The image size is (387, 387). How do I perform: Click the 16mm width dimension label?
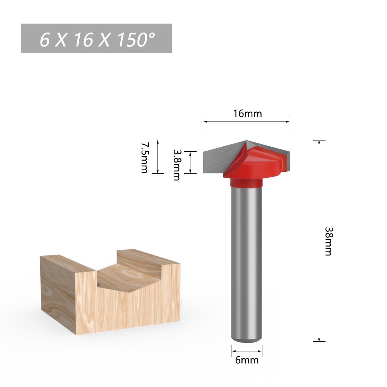tap(247, 113)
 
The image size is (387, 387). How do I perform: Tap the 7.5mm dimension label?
tap(144, 157)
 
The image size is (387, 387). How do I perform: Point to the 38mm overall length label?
tap(328, 241)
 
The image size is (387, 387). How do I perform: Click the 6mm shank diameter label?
tap(247, 360)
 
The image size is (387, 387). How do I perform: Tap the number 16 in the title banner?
tap(83, 39)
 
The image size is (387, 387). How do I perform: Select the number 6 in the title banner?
tap(45, 39)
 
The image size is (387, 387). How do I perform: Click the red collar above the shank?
tap(247, 182)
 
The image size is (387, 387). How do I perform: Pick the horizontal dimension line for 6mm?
tap(247, 351)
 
